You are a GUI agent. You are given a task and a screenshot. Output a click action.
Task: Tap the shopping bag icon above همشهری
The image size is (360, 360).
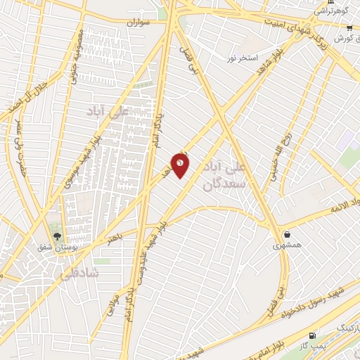click(x=287, y=235)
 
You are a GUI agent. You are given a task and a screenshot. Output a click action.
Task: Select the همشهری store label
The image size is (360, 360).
click(x=287, y=246)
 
